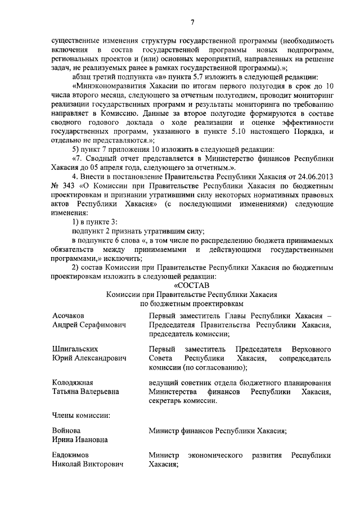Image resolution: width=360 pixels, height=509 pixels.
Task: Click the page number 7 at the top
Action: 192,22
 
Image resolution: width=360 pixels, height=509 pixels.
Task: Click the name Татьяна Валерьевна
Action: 85,392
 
